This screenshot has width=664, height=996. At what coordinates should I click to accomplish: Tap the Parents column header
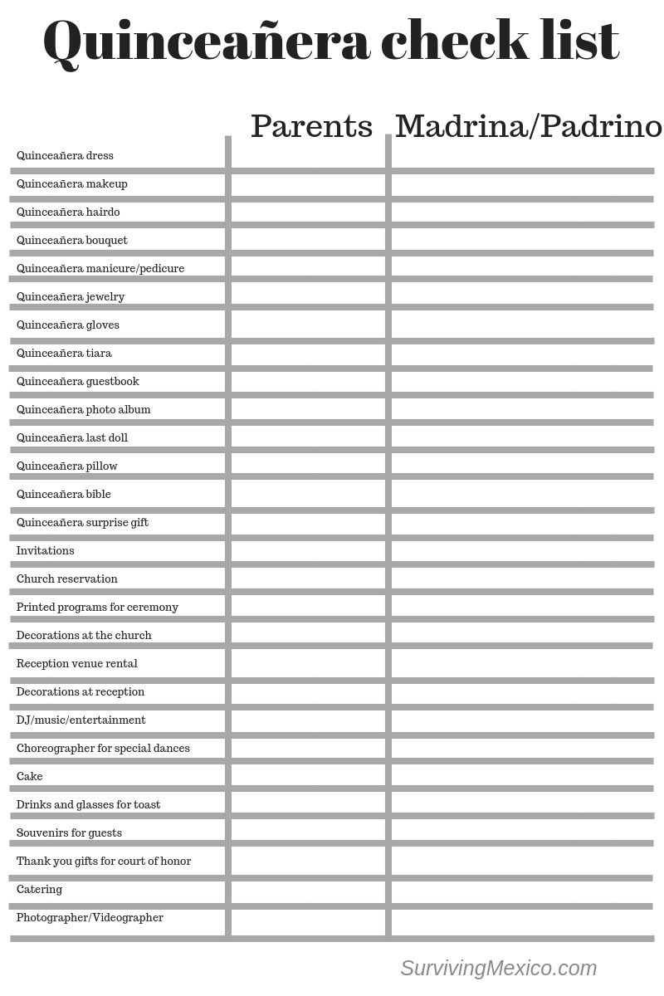coord(311,126)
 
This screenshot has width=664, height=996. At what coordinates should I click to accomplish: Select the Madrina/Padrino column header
coord(528,126)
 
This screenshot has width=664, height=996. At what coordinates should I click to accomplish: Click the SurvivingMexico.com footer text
coord(498,968)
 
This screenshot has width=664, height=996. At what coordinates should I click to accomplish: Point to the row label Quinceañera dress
coord(65,155)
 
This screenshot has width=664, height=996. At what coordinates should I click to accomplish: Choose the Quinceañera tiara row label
coord(64,353)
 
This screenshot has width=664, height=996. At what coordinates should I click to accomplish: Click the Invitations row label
coord(46,550)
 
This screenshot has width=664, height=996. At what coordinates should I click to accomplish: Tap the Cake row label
coord(30,776)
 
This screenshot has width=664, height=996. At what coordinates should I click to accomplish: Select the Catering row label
coord(39,889)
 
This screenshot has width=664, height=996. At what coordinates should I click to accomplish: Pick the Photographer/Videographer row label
coord(90,917)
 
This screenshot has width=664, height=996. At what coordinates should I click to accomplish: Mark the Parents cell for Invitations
coord(308,550)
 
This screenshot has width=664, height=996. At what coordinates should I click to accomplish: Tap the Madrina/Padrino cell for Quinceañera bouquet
coord(522,240)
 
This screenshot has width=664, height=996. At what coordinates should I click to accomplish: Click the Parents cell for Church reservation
coord(308,579)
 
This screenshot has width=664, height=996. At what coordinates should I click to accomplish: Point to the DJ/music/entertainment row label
coord(81,720)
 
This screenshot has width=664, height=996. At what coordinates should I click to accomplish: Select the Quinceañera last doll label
coord(72,437)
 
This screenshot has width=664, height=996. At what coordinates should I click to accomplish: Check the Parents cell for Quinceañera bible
coord(308,494)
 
